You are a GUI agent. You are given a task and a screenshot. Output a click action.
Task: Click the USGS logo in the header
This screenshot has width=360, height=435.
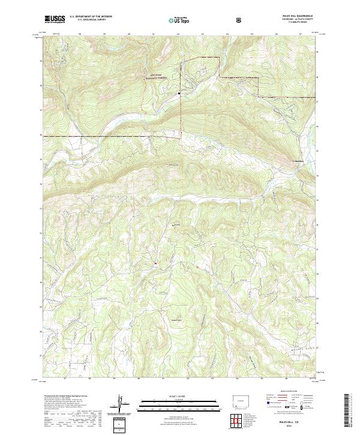coord(55,19)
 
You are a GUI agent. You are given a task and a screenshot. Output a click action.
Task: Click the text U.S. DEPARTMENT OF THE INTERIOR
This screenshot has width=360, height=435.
coord(91,17)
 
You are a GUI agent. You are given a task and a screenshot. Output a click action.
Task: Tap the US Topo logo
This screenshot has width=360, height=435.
coord(180,20)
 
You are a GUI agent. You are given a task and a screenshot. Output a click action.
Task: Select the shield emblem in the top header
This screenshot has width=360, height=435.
coord(240,20)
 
